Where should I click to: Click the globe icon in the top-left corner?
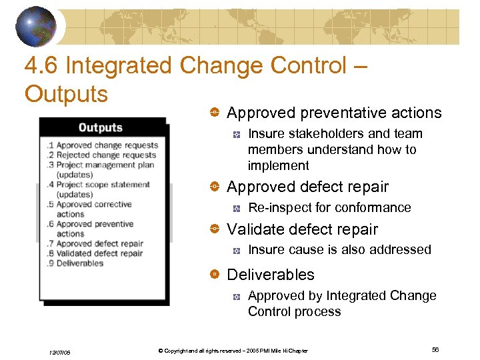(x=37, y=26)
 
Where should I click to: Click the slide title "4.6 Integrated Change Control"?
(x=186, y=66)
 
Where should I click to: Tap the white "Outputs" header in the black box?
(x=100, y=127)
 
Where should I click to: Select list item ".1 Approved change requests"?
(x=102, y=145)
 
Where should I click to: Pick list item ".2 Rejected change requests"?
(x=101, y=155)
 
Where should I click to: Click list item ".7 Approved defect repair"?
(x=95, y=244)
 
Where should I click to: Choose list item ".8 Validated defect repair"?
(x=95, y=253)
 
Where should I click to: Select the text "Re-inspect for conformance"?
(x=329, y=208)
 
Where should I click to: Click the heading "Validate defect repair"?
(x=302, y=229)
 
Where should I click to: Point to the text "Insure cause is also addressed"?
(x=339, y=250)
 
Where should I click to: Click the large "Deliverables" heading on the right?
(x=271, y=275)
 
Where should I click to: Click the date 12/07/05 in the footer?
(x=58, y=352)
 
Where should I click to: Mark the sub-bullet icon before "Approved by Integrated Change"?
(x=236, y=296)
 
